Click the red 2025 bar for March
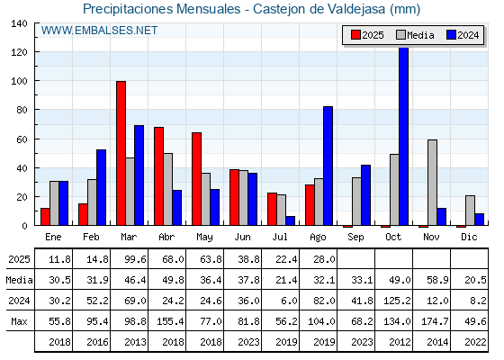click(121, 153)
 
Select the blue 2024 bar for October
click(404, 136)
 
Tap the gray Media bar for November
click(432, 183)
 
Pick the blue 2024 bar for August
click(328, 166)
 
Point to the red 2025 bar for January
click(45, 217)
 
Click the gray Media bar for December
click(470, 211)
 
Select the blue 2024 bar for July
click(290, 220)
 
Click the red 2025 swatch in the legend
click(355, 35)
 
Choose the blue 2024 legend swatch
click(451, 35)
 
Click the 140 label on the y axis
click(20, 23)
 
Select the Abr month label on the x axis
click(166, 237)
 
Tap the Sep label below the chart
click(355, 238)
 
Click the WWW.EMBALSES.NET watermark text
click(99, 31)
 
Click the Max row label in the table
click(19, 321)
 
